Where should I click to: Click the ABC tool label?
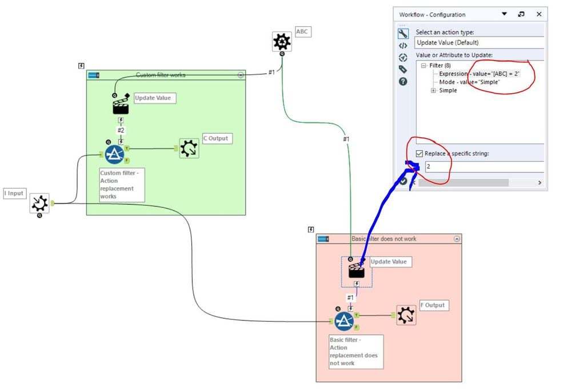coord(303,32)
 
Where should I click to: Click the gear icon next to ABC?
coord(281,42)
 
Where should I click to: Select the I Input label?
coord(14,193)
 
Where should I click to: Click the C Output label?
coord(217,138)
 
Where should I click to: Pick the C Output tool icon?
coord(189,149)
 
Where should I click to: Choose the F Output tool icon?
coord(406,315)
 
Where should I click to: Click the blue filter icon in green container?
coord(114,154)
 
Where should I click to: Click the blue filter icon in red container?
coord(344,321)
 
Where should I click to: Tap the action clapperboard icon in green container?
coord(121,105)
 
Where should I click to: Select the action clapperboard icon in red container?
coord(357,270)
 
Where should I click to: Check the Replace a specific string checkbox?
coord(420,153)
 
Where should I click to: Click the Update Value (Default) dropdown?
coord(479,42)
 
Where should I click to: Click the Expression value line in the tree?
coord(479,74)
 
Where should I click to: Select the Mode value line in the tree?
coord(469,82)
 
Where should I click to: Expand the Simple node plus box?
coord(434,90)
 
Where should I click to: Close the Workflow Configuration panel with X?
coord(538,14)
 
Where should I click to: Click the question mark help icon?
coord(403,82)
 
